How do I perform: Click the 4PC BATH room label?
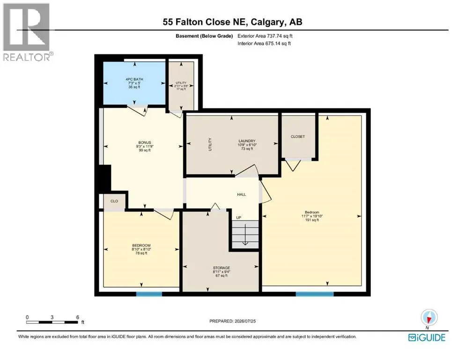[134, 79]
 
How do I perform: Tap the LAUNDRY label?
[247, 141]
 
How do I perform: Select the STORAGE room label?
[221, 268]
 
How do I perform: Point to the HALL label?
[241, 195]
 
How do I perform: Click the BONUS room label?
[145, 142]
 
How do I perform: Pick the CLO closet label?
[114, 201]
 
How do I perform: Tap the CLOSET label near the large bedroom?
[298, 136]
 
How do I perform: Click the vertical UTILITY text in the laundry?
[210, 144]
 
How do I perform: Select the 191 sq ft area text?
[312, 220]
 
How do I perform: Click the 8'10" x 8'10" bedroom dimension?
[141, 249]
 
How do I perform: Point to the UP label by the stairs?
[238, 217]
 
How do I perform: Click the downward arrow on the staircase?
[245, 235]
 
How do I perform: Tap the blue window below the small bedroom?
[149, 294]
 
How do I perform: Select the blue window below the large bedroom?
[315, 294]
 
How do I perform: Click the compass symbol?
[429, 317]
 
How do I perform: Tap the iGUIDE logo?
[427, 337]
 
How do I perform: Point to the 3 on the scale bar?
[52, 317]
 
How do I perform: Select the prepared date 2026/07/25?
[245, 321]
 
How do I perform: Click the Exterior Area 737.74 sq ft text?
[265, 36]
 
